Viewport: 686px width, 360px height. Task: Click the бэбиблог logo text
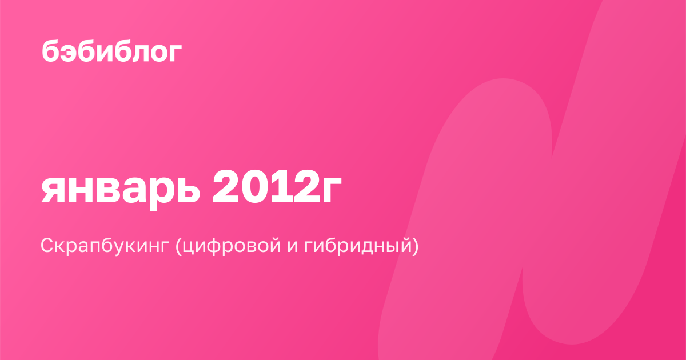pyautogui.click(x=112, y=50)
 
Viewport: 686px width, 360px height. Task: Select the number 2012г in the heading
pyautogui.click(x=277, y=186)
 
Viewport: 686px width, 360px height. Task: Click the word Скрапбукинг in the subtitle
pyautogui.click(x=105, y=246)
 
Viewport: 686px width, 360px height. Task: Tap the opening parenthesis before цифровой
pyautogui.click(x=178, y=246)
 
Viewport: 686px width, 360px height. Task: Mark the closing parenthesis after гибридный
pyautogui.click(x=414, y=246)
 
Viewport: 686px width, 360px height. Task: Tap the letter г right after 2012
pyautogui.click(x=332, y=190)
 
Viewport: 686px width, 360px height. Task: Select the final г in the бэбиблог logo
pyautogui.click(x=176, y=53)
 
